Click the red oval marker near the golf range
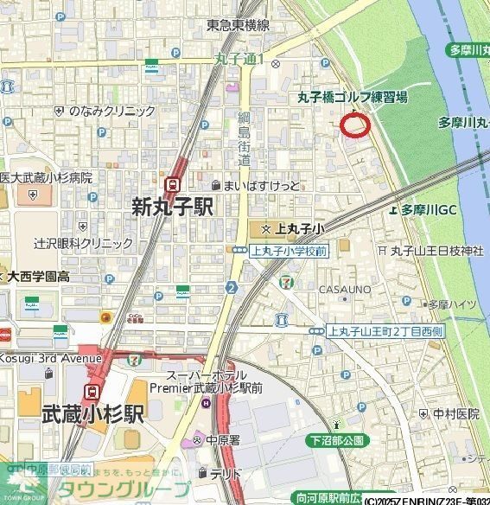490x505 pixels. (355, 125)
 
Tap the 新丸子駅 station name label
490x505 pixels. (172, 207)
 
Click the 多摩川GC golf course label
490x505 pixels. (429, 210)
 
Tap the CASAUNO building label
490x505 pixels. (346, 288)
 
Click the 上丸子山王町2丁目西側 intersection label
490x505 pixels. (386, 331)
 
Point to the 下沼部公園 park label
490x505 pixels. (336, 440)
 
